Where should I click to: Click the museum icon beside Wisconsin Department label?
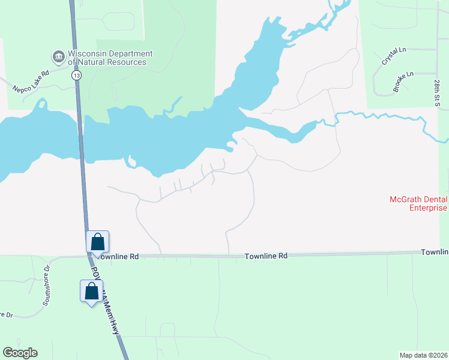(x=59, y=57)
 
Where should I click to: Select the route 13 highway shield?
(x=76, y=76)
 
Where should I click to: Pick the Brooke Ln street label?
(x=403, y=82)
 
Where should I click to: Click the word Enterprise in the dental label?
(x=429, y=208)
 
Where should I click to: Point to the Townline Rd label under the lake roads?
(x=266, y=256)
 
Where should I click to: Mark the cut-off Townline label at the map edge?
(x=435, y=252)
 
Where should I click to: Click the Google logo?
(x=20, y=353)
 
